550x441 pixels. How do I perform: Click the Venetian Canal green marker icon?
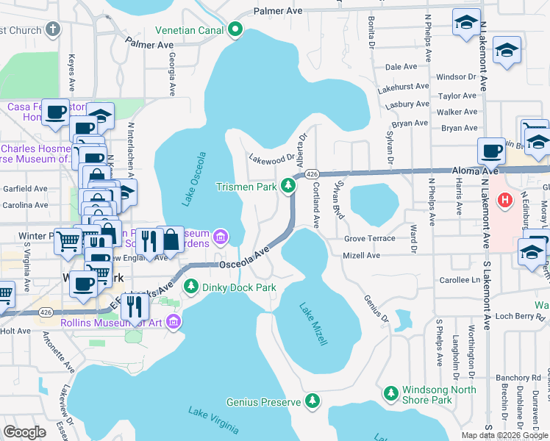[x=235, y=30]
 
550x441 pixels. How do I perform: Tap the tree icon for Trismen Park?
[x=290, y=187]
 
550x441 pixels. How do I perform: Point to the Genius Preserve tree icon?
[x=313, y=401]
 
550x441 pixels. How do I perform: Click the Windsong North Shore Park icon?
[x=390, y=395]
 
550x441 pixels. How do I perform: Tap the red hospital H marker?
[x=505, y=199]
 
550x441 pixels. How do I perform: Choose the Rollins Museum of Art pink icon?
[x=174, y=320]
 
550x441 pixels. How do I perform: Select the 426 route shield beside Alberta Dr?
[x=312, y=174]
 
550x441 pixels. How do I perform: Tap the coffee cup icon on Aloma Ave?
[x=491, y=151]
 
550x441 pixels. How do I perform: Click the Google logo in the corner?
[x=25, y=431]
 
